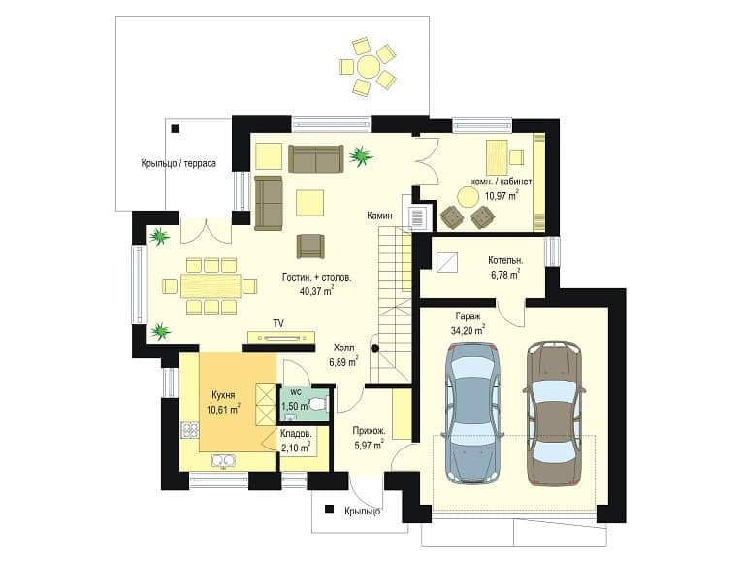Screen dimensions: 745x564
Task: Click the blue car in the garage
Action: pyautogui.click(x=471, y=413)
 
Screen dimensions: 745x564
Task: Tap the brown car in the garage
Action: pyautogui.click(x=554, y=413)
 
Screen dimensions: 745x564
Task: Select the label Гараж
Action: pyautogui.click(x=468, y=315)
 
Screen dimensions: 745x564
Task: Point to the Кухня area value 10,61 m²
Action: pyautogui.click(x=223, y=409)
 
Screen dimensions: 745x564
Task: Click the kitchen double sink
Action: pyautogui.click(x=223, y=461)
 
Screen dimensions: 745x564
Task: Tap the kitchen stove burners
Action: pyautogui.click(x=189, y=429)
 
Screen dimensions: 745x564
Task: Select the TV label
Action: pyautogui.click(x=278, y=323)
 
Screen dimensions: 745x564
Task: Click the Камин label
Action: pyautogui.click(x=379, y=216)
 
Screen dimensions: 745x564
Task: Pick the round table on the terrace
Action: pyautogui.click(x=369, y=67)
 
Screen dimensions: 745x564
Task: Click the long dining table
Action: pyautogui.click(x=211, y=285)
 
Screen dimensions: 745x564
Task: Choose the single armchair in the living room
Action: pyautogui.click(x=310, y=246)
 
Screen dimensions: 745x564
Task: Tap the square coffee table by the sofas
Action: pyautogui.click(x=309, y=203)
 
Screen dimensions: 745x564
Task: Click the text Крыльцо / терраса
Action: pyautogui.click(x=178, y=163)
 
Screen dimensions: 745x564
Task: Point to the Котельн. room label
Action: pyautogui.click(x=505, y=260)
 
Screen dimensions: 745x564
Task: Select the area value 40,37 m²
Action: pyautogui.click(x=316, y=290)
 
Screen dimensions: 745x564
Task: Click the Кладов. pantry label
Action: pyautogui.click(x=296, y=434)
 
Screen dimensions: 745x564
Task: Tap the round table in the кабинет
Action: pyautogui.click(x=469, y=196)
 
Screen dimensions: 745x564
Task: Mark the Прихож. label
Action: pyautogui.click(x=369, y=432)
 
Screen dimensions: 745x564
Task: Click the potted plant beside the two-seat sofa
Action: pyautogui.click(x=361, y=155)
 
